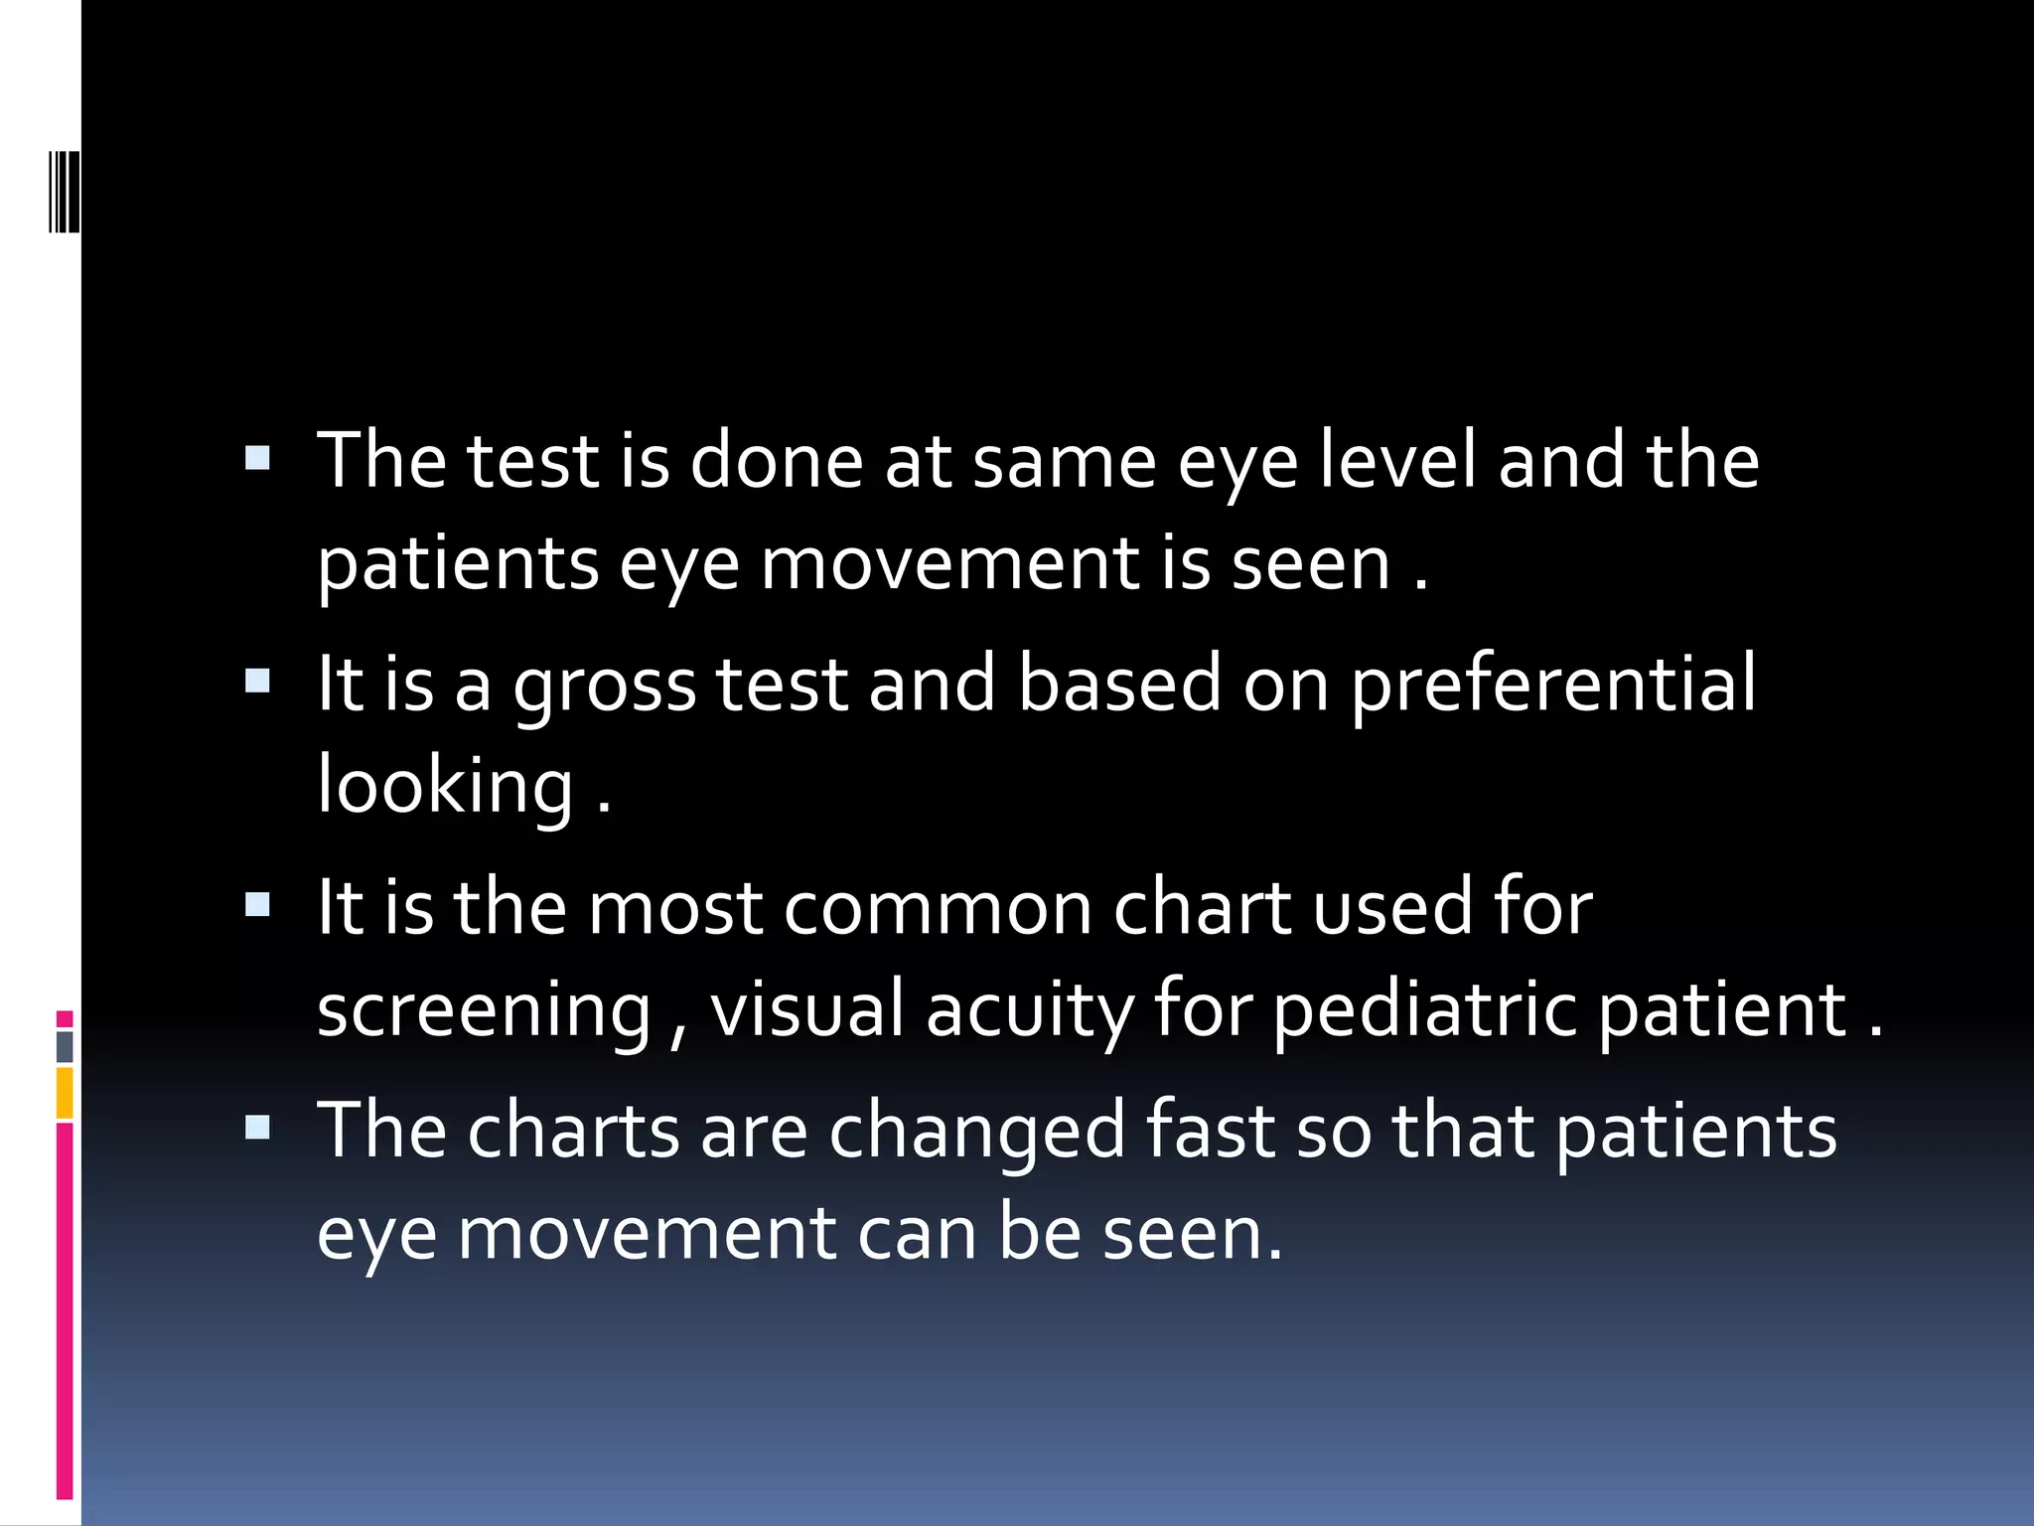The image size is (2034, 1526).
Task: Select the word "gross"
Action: [605, 686]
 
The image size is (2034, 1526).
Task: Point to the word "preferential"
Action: [1553, 686]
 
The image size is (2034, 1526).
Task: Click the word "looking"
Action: [445, 786]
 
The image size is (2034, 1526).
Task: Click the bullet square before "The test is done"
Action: [257, 458]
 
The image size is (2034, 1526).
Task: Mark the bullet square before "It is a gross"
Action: [257, 681]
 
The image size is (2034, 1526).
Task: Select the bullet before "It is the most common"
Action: [257, 904]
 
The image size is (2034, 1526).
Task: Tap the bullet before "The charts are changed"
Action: [257, 1127]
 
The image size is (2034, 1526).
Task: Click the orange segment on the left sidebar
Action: [65, 1093]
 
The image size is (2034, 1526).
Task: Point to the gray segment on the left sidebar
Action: [65, 1046]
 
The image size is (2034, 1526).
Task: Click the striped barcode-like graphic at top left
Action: [65, 191]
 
